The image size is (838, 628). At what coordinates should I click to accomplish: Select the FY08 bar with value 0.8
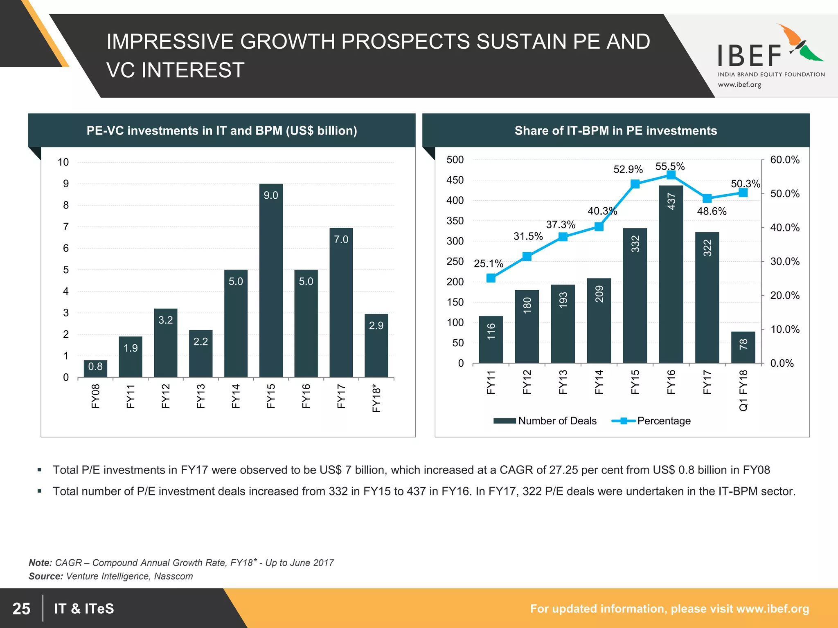point(95,368)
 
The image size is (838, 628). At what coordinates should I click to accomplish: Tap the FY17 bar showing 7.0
point(341,303)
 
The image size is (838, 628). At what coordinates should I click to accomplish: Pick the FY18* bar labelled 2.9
point(376,345)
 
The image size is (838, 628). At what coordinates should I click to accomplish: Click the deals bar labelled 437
point(671,274)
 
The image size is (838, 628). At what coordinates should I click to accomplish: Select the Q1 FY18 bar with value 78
point(743,347)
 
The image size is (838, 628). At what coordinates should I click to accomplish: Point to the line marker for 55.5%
point(671,175)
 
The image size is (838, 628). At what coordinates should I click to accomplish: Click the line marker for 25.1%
point(491,278)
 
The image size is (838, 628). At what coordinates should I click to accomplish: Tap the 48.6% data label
point(712,211)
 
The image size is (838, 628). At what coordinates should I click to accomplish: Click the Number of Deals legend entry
point(545,421)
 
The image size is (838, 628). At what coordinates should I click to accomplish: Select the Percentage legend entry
point(651,421)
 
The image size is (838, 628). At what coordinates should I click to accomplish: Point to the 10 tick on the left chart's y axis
point(63,162)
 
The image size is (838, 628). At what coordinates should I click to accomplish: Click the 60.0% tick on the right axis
point(784,160)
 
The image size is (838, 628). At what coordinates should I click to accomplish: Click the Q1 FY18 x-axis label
point(743,390)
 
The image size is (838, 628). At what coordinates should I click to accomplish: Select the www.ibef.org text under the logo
point(739,85)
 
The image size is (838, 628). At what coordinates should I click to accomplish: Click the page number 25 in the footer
point(21,608)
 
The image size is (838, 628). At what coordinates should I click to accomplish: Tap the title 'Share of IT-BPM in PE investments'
point(615,130)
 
